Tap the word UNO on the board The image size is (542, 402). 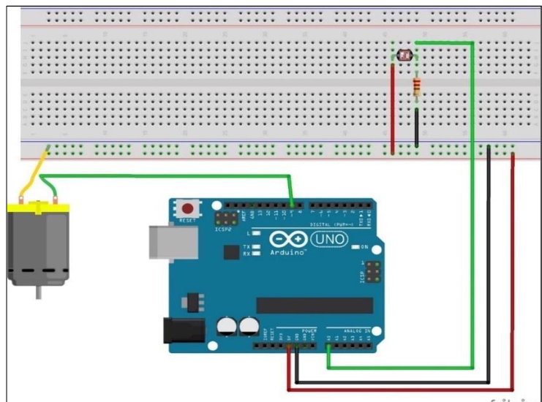(x=330, y=239)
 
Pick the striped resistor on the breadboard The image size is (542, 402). (x=416, y=88)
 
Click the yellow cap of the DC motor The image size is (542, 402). (x=37, y=209)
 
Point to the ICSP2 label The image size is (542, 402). (x=223, y=229)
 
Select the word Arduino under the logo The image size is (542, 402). (x=290, y=252)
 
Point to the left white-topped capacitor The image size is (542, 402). (x=225, y=325)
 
